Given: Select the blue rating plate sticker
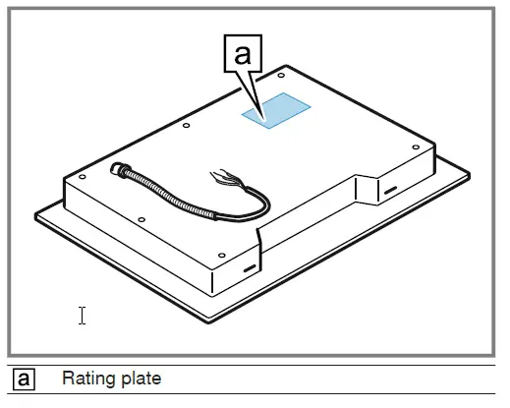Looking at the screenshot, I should pos(276,111).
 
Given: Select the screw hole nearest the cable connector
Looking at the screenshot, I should pos(83,177).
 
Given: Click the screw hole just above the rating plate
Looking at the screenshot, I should pos(282,74).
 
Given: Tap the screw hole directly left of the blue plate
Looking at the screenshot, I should pos(186,124).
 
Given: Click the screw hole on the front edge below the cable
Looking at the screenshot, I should pos(142,217).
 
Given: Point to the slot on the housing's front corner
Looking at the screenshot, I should pos(249,266).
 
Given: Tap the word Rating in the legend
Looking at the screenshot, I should pos(86,379).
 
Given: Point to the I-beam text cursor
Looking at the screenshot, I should pos(83,315).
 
